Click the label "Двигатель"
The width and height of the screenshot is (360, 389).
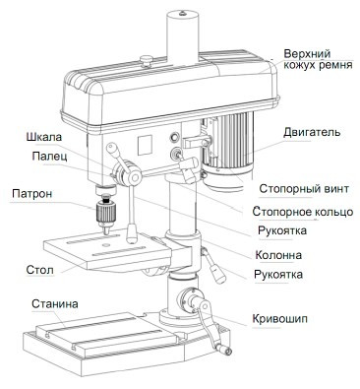pyautogui.click(x=312, y=132)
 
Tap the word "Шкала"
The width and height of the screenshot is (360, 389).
pyautogui.click(x=44, y=137)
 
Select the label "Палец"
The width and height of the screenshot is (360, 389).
pyautogui.click(x=49, y=156)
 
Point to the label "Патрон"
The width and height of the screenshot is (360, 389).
pyautogui.click(x=31, y=193)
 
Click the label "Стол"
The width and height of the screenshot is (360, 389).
pyautogui.click(x=39, y=270)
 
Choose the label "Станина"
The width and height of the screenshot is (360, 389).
pyautogui.click(x=55, y=303)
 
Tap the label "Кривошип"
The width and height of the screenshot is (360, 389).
pyautogui.click(x=279, y=319)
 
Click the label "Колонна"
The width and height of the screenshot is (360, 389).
pyautogui.click(x=278, y=255)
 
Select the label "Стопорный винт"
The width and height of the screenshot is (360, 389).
pyautogui.click(x=304, y=189)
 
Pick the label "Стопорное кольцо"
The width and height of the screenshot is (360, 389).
pyautogui.click(x=303, y=212)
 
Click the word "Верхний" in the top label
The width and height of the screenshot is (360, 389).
pyautogui.click(x=307, y=53)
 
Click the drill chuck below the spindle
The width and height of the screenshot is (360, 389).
pyautogui.click(x=105, y=214)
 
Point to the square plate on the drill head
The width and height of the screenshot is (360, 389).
pyautogui.click(x=145, y=146)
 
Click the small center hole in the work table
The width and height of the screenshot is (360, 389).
pyautogui.click(x=105, y=245)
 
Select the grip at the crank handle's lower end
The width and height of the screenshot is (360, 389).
pyautogui.click(x=223, y=350)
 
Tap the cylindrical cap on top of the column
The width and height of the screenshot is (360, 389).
pyautogui.click(x=182, y=36)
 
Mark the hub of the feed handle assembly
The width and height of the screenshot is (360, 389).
pyautogui.click(x=134, y=177)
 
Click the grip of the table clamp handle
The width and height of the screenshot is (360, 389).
pyautogui.click(x=217, y=273)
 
